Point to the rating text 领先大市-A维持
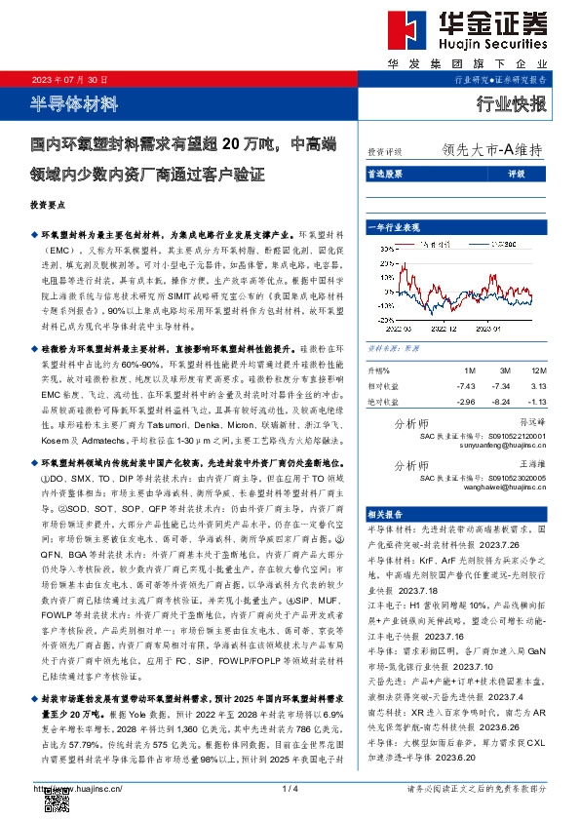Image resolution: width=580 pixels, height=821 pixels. tap(491, 151)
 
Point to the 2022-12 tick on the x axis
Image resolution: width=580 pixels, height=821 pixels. tap(439, 329)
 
